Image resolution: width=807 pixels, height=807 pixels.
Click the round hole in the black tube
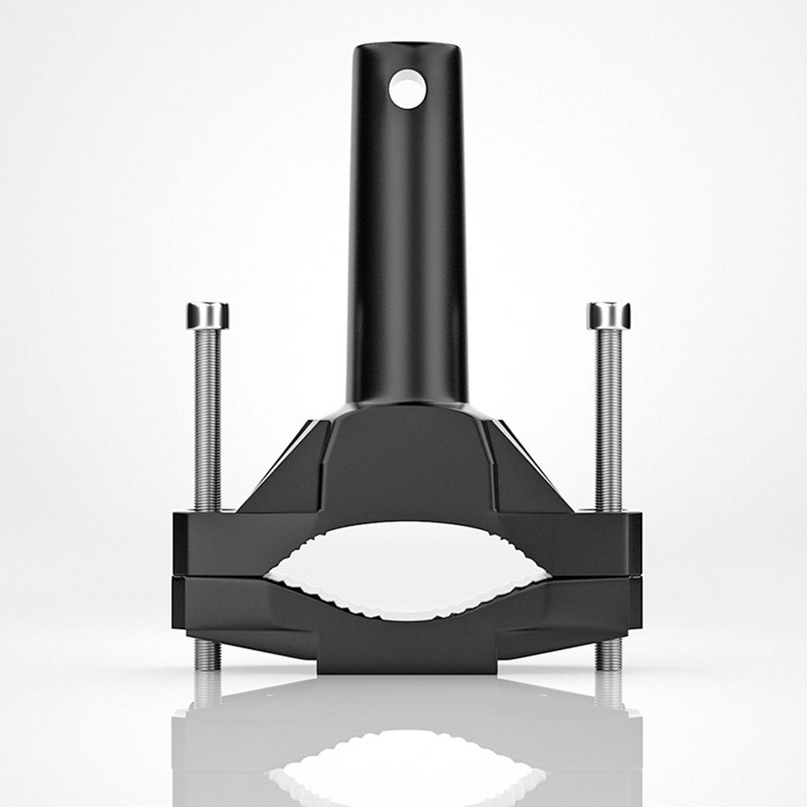(407, 88)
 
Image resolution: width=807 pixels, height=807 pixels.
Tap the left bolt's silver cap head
(207, 315)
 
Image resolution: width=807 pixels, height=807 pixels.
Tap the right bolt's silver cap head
(608, 315)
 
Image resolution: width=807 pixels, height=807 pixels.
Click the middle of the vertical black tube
(407, 236)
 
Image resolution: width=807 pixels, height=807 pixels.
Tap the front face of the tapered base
(407, 465)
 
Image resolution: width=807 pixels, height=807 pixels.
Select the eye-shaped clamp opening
(407, 569)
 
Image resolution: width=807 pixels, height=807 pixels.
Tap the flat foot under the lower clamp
(407, 662)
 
